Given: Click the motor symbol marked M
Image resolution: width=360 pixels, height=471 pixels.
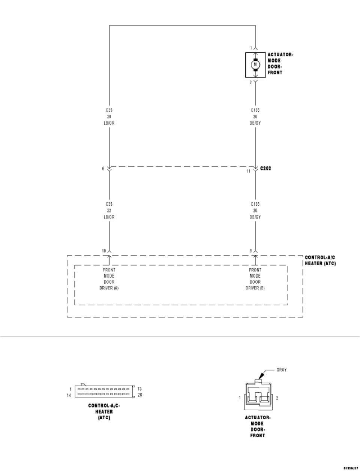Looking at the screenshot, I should pos(255,64).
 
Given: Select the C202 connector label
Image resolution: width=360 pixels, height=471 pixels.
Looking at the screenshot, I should pos(265,169).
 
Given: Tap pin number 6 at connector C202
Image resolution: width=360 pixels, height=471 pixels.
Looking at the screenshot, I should pos(103,169).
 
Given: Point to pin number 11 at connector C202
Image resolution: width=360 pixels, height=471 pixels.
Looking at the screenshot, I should pos(248,171).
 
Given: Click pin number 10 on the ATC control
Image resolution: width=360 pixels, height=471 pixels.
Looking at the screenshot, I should pos(103,251).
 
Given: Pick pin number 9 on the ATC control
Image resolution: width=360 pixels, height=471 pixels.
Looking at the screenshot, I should pos(250,251).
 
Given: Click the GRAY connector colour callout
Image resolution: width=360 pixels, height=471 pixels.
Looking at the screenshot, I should pos(282,370).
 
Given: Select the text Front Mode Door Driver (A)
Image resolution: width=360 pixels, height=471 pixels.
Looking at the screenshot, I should pos(109,279).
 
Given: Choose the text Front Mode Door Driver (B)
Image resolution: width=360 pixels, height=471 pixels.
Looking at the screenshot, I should pos(255,279).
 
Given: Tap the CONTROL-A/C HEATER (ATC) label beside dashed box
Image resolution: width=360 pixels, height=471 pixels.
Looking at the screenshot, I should pos(320,260).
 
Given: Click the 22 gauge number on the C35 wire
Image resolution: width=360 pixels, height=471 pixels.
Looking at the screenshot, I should pos(109,211).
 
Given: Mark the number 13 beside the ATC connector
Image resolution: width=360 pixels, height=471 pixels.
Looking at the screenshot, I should pos(139,389).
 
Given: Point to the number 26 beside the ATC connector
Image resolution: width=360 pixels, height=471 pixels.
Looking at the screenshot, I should pos(139,395).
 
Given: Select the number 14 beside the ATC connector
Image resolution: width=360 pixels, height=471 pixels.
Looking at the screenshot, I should pos(69,395).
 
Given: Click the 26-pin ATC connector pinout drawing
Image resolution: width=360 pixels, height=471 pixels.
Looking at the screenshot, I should pos(104,392).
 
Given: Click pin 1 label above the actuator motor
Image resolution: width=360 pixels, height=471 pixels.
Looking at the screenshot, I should pos(251,48).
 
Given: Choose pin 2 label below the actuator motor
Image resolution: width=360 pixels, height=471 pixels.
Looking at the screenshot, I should pos(250,82).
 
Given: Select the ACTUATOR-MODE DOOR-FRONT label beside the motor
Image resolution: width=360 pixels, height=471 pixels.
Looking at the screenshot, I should pos(280,63).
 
